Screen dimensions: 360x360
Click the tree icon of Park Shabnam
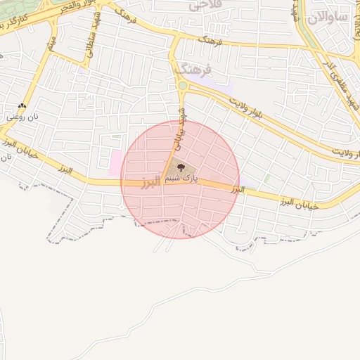coord(181,167)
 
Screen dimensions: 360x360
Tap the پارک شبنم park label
coord(182,179)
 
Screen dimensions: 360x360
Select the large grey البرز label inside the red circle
coord(151,184)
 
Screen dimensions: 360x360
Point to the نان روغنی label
coord(20,117)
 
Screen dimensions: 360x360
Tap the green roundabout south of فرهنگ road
coord(183,86)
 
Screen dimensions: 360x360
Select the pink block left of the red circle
coord(115,164)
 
